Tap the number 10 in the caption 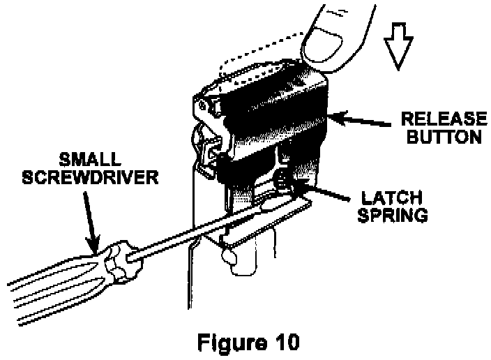tap(285, 343)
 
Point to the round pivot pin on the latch tap(202, 105)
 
